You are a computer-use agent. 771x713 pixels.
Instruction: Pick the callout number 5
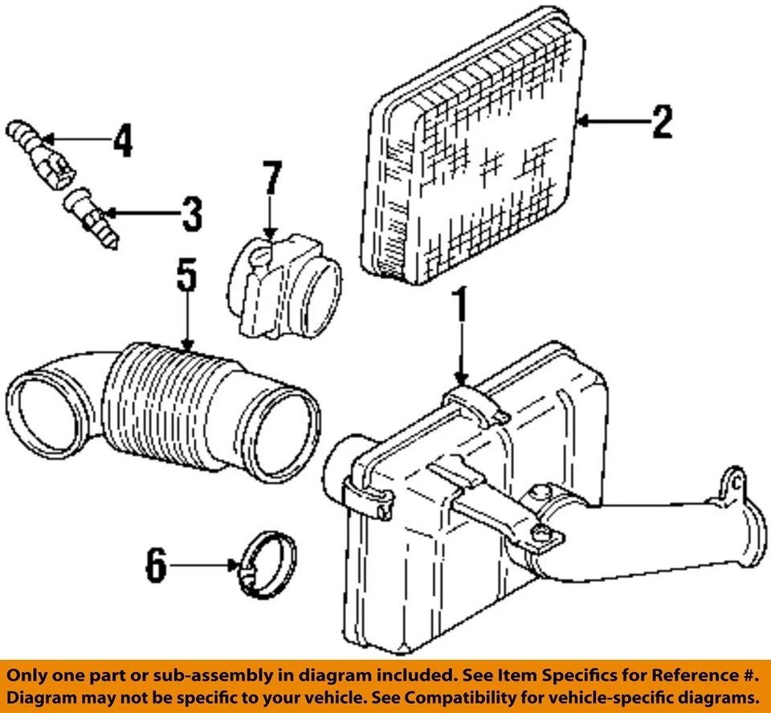click(x=186, y=277)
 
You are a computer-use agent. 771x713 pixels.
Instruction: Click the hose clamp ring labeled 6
click(x=268, y=566)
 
